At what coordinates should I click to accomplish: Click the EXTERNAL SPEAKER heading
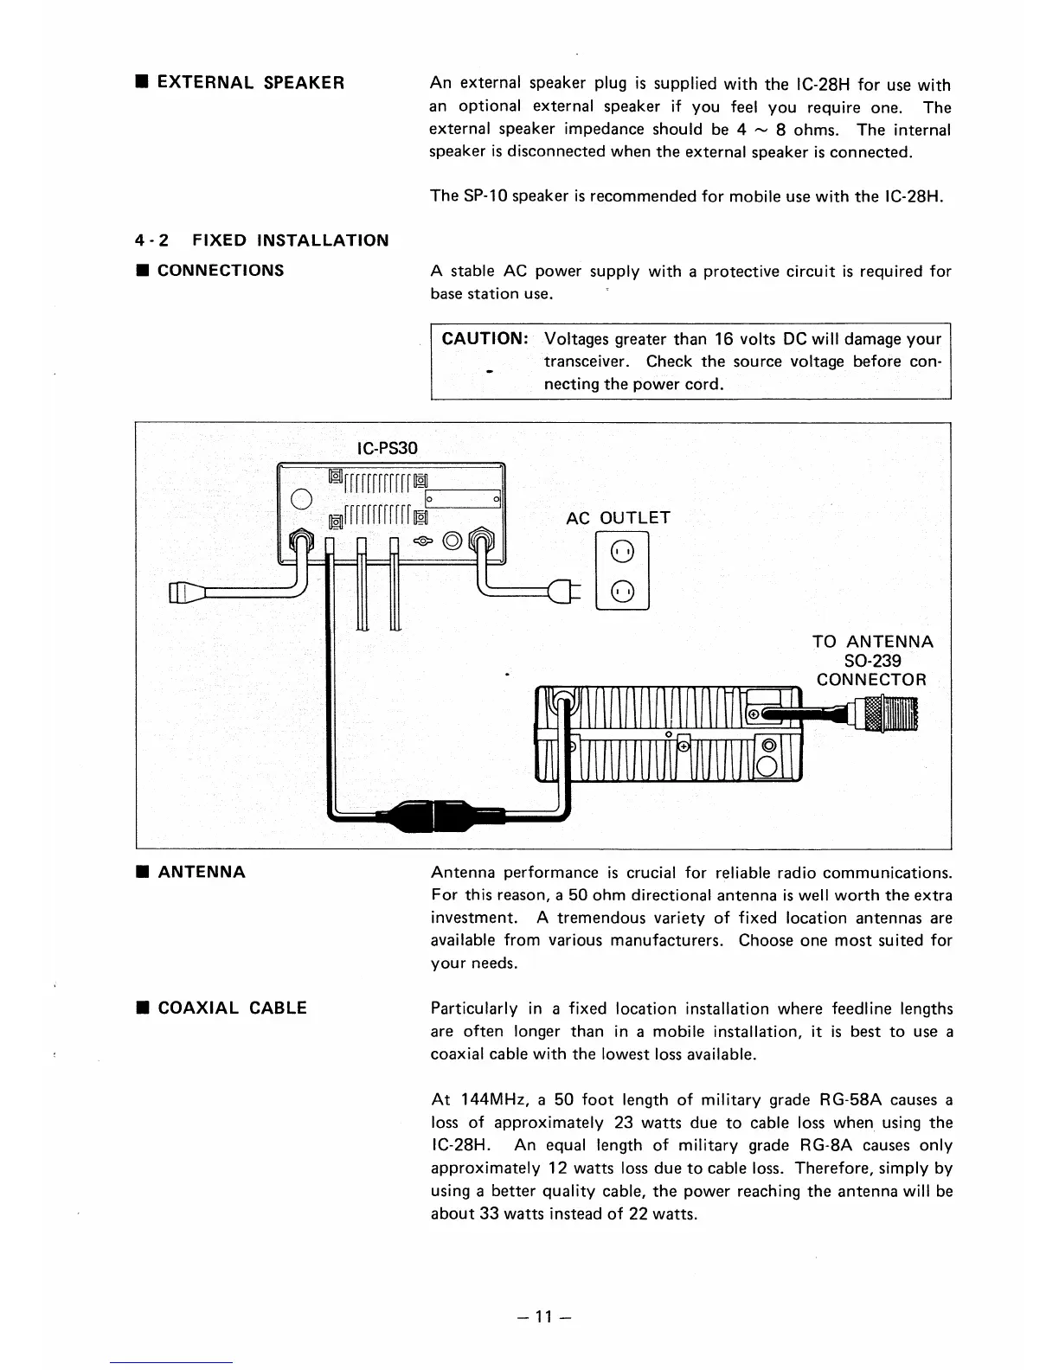[251, 83]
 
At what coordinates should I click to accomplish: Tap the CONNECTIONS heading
[221, 270]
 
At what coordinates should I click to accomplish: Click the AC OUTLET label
[618, 518]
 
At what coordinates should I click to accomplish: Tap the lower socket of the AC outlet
[623, 591]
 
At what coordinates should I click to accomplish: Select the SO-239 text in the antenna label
[872, 661]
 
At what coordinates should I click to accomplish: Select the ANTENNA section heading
[202, 872]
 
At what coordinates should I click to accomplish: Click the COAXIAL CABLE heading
[232, 1008]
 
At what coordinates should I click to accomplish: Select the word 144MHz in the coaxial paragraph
[492, 1100]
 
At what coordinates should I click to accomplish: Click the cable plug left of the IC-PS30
[183, 593]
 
